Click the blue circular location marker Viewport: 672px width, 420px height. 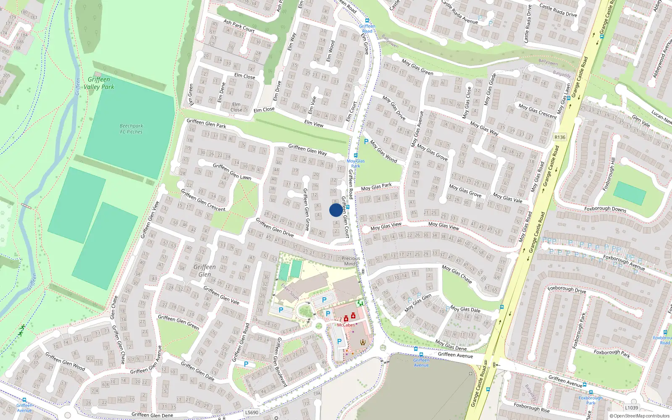(336, 210)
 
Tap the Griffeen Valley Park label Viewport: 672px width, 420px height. (99, 83)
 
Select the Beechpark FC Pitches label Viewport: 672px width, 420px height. (131, 129)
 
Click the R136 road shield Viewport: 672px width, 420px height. (560, 137)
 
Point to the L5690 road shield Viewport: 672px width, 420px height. (252, 412)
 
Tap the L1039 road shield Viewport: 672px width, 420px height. (631, 407)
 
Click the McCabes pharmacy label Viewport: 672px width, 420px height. (346, 325)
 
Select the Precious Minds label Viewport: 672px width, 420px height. (350, 261)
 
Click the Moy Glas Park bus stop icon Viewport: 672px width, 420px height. (356, 155)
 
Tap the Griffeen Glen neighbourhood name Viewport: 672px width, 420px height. (205, 271)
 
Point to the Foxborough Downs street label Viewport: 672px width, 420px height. (605, 209)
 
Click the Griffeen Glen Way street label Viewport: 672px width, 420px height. (307, 150)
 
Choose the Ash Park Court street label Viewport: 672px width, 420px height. (239, 26)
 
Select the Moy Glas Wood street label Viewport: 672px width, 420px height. (383, 151)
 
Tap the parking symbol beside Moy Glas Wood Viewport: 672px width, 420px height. (366, 142)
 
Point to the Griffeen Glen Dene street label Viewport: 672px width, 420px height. (152, 415)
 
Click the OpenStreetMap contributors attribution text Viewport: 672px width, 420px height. (640, 416)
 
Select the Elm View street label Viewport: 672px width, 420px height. (314, 123)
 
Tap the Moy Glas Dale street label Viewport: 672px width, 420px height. (465, 310)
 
